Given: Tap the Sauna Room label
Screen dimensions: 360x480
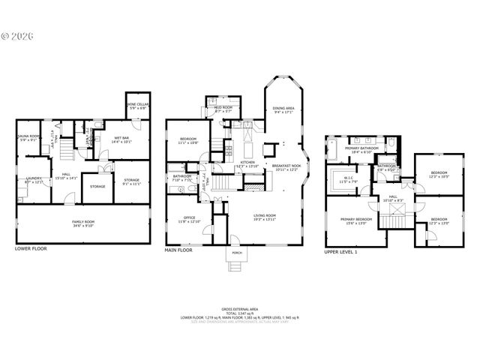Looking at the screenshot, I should [x=28, y=137].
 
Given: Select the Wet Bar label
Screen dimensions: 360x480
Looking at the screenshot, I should [x=122, y=139].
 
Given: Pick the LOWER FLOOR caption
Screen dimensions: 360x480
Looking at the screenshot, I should [x=31, y=247].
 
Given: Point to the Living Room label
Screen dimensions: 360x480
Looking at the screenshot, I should [x=264, y=216].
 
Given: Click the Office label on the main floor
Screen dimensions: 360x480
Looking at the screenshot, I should [x=184, y=218].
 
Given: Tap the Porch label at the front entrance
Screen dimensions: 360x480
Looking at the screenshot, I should [x=236, y=253].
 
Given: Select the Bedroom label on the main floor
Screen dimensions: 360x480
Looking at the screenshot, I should [x=188, y=139].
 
